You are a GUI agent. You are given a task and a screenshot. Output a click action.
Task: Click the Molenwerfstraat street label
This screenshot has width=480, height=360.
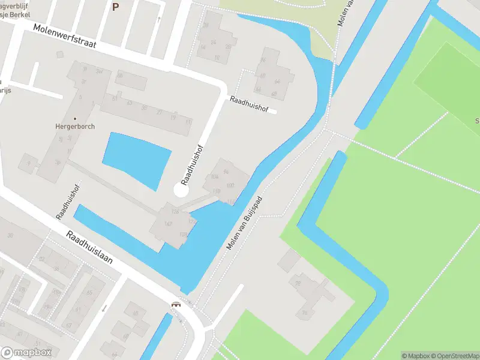(x=65, y=36)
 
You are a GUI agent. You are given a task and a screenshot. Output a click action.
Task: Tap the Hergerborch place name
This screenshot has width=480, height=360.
(x=76, y=127)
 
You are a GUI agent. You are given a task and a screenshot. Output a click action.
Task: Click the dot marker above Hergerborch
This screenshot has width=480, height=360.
(x=76, y=118)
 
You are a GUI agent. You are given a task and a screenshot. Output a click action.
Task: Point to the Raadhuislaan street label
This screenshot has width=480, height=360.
(x=89, y=251)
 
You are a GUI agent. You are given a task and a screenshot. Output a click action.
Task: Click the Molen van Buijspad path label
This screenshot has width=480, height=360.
(x=245, y=223)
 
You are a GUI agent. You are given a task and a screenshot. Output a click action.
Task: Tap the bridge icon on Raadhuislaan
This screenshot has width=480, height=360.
(x=176, y=304)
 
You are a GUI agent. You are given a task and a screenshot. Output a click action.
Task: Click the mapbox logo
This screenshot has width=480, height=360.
(x=26, y=353)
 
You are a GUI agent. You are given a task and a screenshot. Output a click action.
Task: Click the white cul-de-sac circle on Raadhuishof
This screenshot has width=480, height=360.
(x=181, y=190)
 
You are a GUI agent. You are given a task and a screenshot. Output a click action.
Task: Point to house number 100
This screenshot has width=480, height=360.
(x=230, y=185)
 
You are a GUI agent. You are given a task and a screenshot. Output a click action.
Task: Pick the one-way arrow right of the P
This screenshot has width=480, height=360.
(x=158, y=19)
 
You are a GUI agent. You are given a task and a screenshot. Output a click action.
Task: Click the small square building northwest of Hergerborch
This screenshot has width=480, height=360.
(x=59, y=55)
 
